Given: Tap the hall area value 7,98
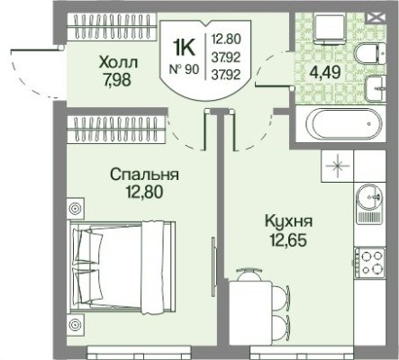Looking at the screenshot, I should click(x=120, y=78).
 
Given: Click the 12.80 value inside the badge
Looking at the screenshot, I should click(x=224, y=38).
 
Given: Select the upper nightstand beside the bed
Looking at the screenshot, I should click(x=75, y=210).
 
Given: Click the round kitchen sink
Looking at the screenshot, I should click(x=369, y=198).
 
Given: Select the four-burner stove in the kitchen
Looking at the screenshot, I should click(x=370, y=262).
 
